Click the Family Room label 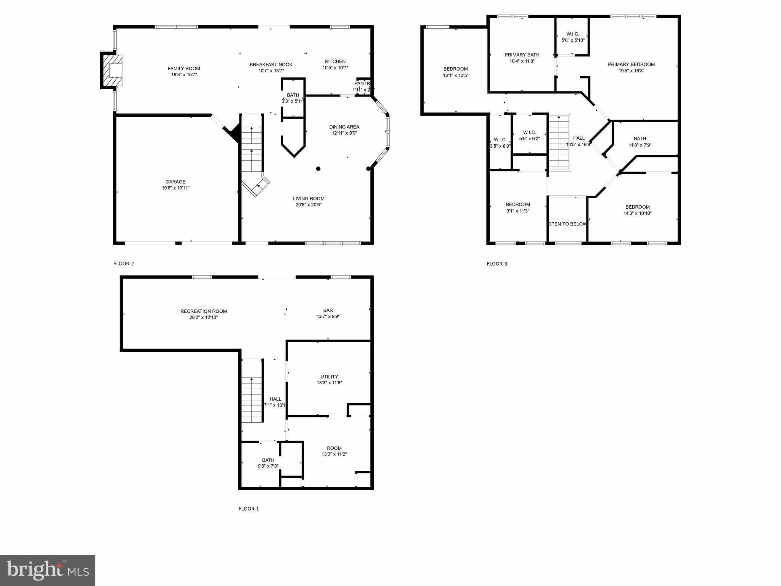[x=184, y=69]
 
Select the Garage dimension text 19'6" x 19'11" [x=175, y=188]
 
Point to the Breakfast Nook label [x=271, y=65]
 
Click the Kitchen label [x=335, y=61]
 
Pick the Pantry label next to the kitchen [x=362, y=84]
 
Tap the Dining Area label [x=344, y=127]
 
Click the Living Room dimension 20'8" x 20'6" [x=309, y=205]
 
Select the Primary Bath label [x=522, y=55]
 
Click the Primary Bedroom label [x=631, y=64]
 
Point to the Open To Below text [x=567, y=224]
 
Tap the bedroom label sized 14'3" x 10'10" [x=637, y=207]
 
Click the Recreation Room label [x=204, y=311]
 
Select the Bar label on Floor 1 [x=328, y=311]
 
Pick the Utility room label [x=329, y=377]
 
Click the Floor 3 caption [x=497, y=264]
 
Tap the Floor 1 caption [x=249, y=509]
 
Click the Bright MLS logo [x=48, y=570]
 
